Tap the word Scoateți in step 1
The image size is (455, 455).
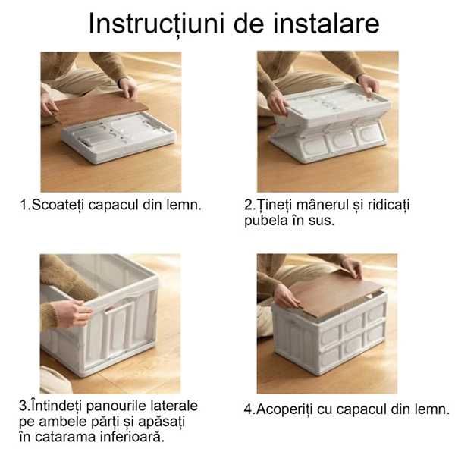(x=56, y=206)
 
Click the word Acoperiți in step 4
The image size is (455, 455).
(x=287, y=409)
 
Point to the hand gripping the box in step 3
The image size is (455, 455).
(x=73, y=312)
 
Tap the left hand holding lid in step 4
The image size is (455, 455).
(x=285, y=296)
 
